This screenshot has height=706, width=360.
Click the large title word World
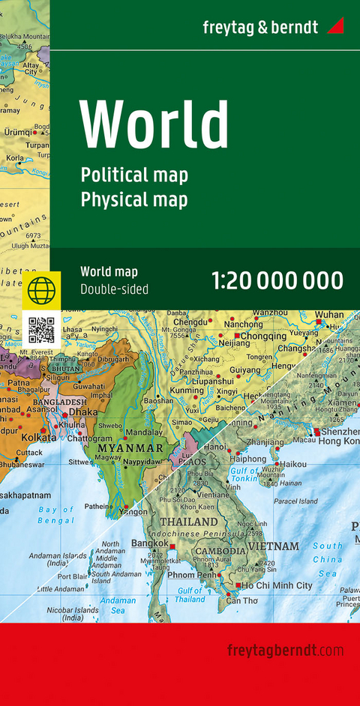[x=154, y=124]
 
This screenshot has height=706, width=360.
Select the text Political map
[x=134, y=175]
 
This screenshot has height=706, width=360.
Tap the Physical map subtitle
[x=134, y=199]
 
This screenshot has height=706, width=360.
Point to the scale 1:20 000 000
[x=277, y=280]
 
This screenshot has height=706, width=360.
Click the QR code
[x=41, y=331]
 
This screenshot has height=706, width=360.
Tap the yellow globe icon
[x=41, y=291]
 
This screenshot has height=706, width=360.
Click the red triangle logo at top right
[x=336, y=26]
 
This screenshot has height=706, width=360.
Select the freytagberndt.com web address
[x=285, y=650]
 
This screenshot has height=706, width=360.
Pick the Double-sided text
[x=115, y=289]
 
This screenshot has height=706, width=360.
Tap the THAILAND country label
[x=187, y=522]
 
